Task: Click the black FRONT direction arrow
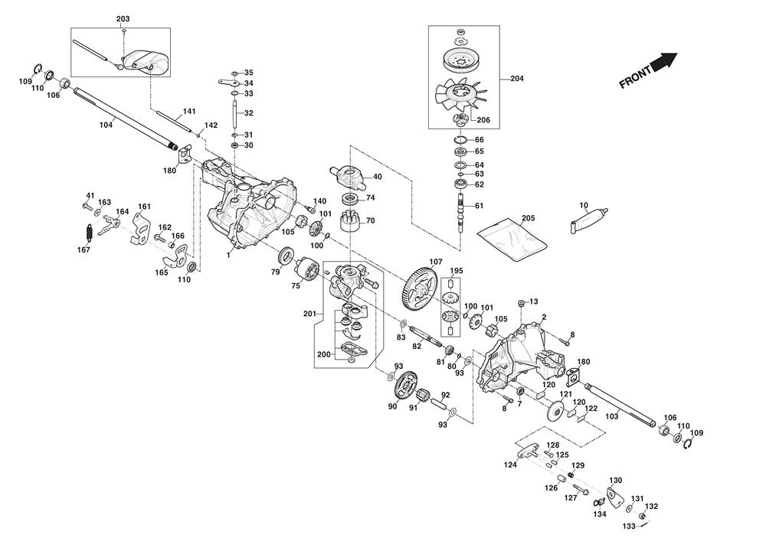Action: pyautogui.click(x=665, y=60)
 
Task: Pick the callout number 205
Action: pyautogui.click(x=528, y=218)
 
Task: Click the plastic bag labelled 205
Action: pyautogui.click(x=512, y=235)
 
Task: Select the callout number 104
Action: pyautogui.click(x=106, y=125)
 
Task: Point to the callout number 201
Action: pyautogui.click(x=309, y=314)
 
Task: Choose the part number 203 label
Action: pyautogui.click(x=123, y=18)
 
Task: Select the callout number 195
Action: pyautogui.click(x=457, y=271)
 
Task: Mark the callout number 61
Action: pyautogui.click(x=480, y=206)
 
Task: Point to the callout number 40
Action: pyautogui.click(x=378, y=177)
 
